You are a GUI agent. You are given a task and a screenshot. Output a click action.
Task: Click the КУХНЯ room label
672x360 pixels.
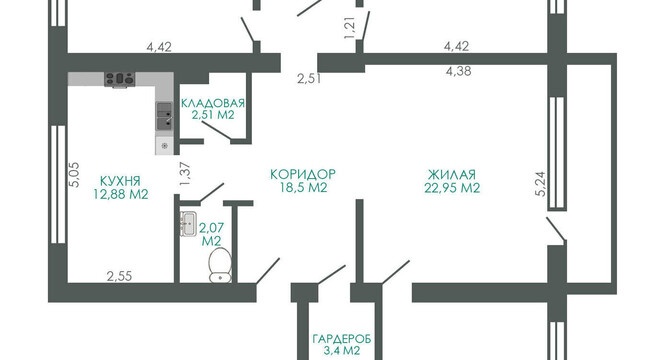pos(120,180)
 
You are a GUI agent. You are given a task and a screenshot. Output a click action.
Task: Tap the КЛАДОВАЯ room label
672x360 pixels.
pos(213,103)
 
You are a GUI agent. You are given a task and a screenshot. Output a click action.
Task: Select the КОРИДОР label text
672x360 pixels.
pos(303,174)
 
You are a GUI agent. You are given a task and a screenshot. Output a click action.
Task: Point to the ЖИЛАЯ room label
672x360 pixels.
pos(452,175)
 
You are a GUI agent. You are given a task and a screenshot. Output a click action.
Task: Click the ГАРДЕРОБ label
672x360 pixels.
pos(342,339)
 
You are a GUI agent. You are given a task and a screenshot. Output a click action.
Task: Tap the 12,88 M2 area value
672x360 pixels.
pos(121,194)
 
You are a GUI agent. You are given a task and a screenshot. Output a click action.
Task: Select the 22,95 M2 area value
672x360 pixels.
pos(452,188)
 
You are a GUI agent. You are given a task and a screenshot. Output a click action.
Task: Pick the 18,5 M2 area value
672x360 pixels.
pos(303,187)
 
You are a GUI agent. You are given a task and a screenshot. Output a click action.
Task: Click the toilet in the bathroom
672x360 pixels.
pos(220,265)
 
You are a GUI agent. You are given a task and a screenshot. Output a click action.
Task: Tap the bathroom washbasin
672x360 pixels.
pos(188,223)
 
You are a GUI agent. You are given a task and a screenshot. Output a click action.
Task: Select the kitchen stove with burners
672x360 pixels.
pos(120,79)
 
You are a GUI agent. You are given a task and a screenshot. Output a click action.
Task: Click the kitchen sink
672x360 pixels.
pos(165,116)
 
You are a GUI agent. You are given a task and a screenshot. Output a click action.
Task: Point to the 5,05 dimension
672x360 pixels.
pos(74,174)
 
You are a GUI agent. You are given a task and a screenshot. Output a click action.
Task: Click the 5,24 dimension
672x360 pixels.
pos(540,183)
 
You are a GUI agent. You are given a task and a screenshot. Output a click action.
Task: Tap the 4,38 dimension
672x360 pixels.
pos(458,71)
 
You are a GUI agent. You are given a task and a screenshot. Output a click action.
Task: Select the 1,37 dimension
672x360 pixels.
pos(185,174)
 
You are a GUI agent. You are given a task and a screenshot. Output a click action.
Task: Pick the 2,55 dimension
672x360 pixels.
pos(119,276)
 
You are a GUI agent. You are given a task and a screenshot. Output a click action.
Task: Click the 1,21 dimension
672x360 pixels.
pos(350,29)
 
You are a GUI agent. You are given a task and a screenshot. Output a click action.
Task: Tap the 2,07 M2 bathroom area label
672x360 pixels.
pos(211,234)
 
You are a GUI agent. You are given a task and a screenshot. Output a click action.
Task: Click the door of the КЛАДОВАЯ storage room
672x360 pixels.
pos(216,131)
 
